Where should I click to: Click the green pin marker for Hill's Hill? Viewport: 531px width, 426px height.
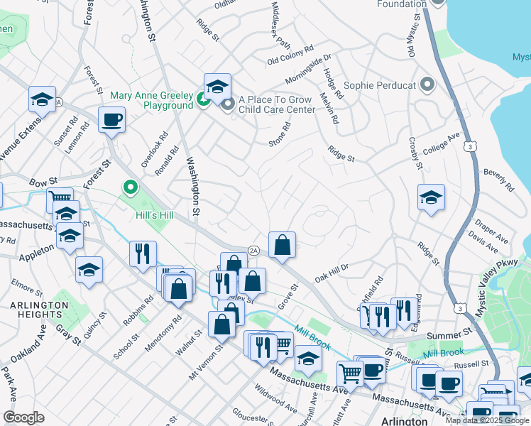click(x=130, y=188)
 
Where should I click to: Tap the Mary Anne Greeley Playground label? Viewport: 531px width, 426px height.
click(x=151, y=100)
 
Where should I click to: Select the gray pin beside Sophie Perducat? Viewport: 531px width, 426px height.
click(x=427, y=85)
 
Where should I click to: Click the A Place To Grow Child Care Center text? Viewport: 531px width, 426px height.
click(x=276, y=105)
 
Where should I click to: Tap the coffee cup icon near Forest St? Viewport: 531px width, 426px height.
click(x=112, y=120)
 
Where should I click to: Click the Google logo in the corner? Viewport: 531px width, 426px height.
click(x=23, y=417)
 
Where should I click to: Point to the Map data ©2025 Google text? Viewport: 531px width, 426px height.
click(x=488, y=420)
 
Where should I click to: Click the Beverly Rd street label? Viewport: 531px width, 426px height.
click(x=498, y=180)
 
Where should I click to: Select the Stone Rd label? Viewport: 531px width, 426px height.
click(x=280, y=136)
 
